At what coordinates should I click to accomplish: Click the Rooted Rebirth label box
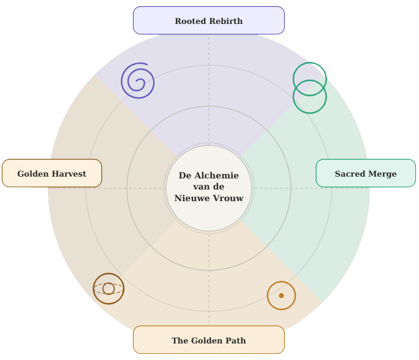point(208,20)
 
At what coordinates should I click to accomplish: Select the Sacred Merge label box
point(366,174)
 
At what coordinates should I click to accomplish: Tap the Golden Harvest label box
point(51,174)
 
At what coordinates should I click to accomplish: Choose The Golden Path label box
point(208,340)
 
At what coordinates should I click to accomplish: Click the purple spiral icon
point(138,80)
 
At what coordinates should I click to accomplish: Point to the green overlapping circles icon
point(309,88)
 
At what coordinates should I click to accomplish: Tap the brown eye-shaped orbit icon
point(108,288)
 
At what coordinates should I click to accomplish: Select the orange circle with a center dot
point(281,296)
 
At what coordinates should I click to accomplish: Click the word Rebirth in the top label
point(226,21)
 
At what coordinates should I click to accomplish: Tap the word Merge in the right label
point(383,174)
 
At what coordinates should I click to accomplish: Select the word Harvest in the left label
point(69,174)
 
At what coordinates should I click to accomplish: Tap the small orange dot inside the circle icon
point(281,296)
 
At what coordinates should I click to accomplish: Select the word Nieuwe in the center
point(192,198)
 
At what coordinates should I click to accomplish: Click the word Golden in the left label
point(34,174)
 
